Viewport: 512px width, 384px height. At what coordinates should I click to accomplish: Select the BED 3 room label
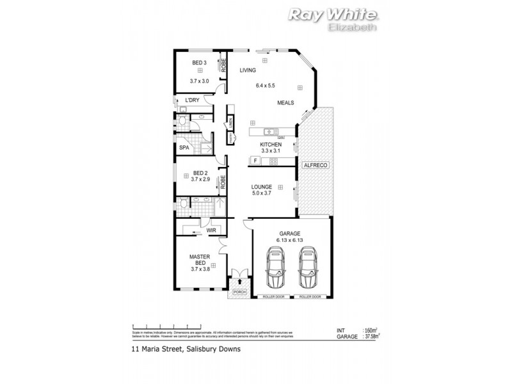pos(199,63)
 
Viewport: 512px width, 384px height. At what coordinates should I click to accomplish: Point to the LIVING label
pos(248,70)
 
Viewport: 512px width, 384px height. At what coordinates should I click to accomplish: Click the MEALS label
pos(285,103)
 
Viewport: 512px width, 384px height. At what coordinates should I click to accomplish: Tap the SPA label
pos(184,148)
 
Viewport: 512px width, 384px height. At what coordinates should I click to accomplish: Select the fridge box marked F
pos(255,160)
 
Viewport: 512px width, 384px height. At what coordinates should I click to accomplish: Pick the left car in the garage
pos(277,269)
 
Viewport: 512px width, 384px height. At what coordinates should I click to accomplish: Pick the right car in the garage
pos(308,269)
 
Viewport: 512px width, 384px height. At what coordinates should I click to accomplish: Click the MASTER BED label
pos(199,260)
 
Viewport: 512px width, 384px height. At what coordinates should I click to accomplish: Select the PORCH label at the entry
pos(239,292)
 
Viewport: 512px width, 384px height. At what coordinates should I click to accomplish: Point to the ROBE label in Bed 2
pos(223,182)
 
